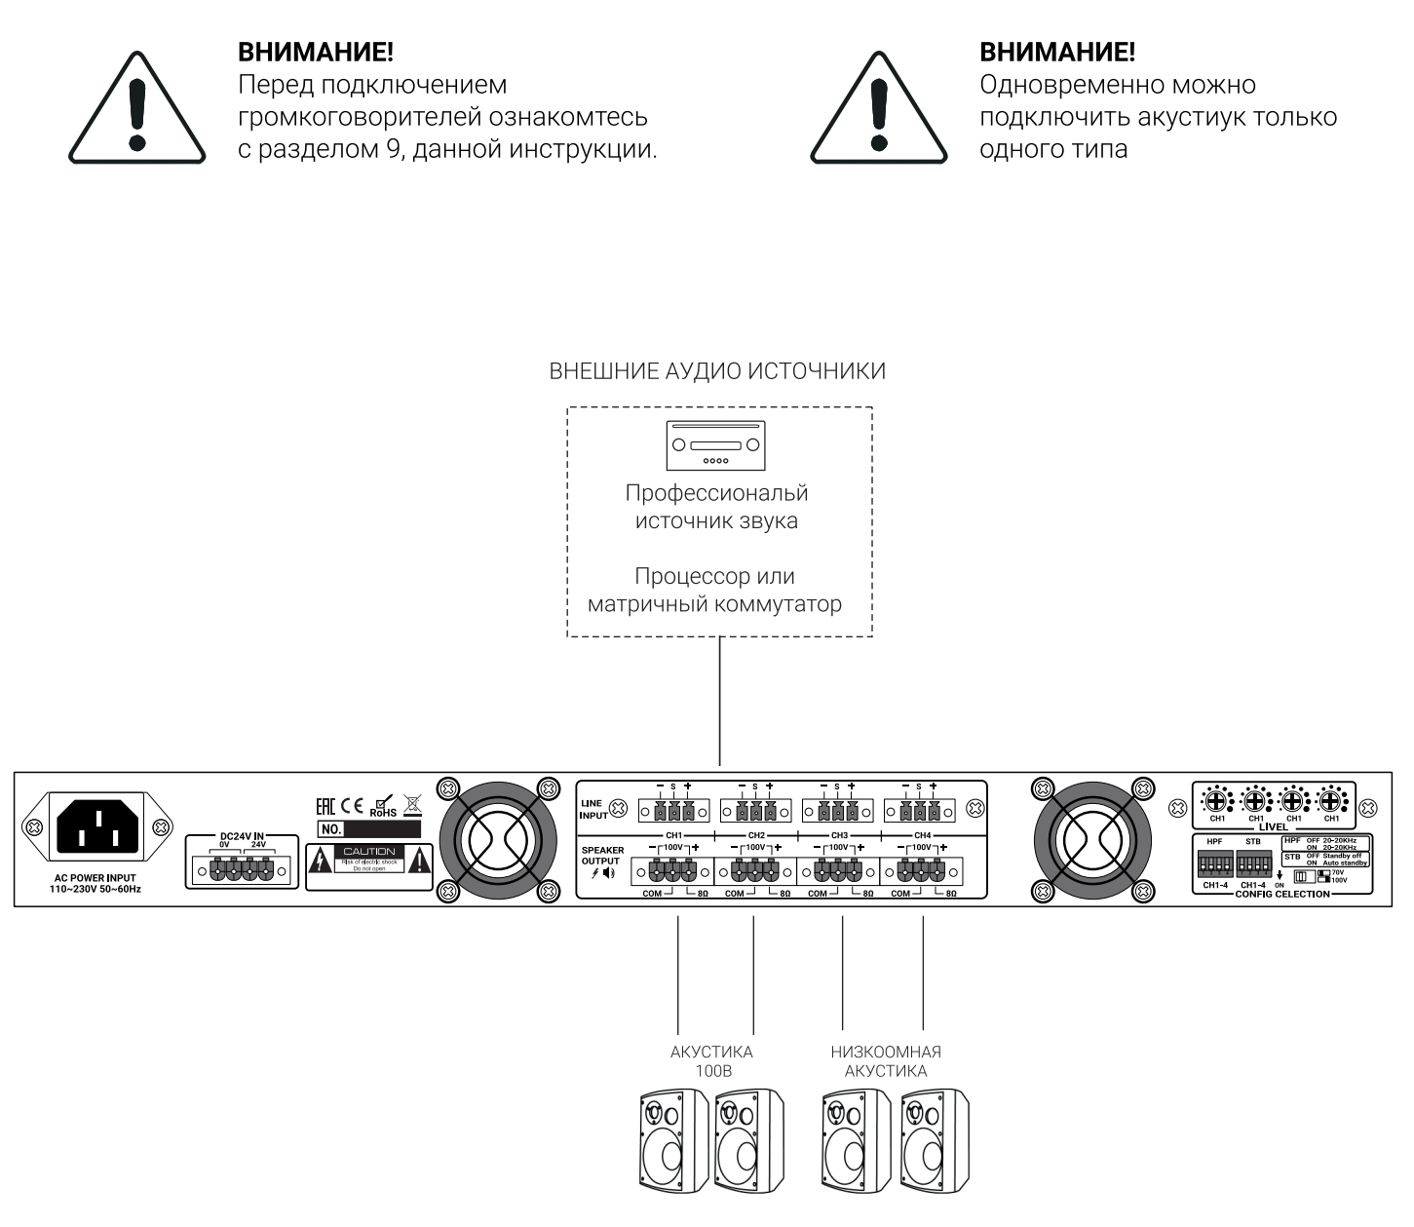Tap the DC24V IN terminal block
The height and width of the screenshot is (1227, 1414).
242,869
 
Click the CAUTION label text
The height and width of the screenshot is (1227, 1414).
369,851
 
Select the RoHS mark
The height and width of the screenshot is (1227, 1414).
383,807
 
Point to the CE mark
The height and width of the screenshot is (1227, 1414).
351,806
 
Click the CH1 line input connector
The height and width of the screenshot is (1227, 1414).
672,810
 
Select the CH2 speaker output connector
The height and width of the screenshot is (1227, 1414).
753,869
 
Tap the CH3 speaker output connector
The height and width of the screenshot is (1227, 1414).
837,869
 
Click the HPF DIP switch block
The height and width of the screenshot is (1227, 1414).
1214,864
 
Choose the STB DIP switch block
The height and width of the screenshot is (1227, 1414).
1253,864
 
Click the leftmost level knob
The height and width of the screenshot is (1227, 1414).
1217,802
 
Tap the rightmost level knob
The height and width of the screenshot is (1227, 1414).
1331,802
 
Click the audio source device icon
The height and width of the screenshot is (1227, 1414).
715,445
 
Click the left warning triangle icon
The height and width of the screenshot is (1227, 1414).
137,110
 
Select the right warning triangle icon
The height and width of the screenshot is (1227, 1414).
879,110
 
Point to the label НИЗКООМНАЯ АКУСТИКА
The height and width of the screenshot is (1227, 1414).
886,1061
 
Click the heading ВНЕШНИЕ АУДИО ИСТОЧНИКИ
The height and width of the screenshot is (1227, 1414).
717,371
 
